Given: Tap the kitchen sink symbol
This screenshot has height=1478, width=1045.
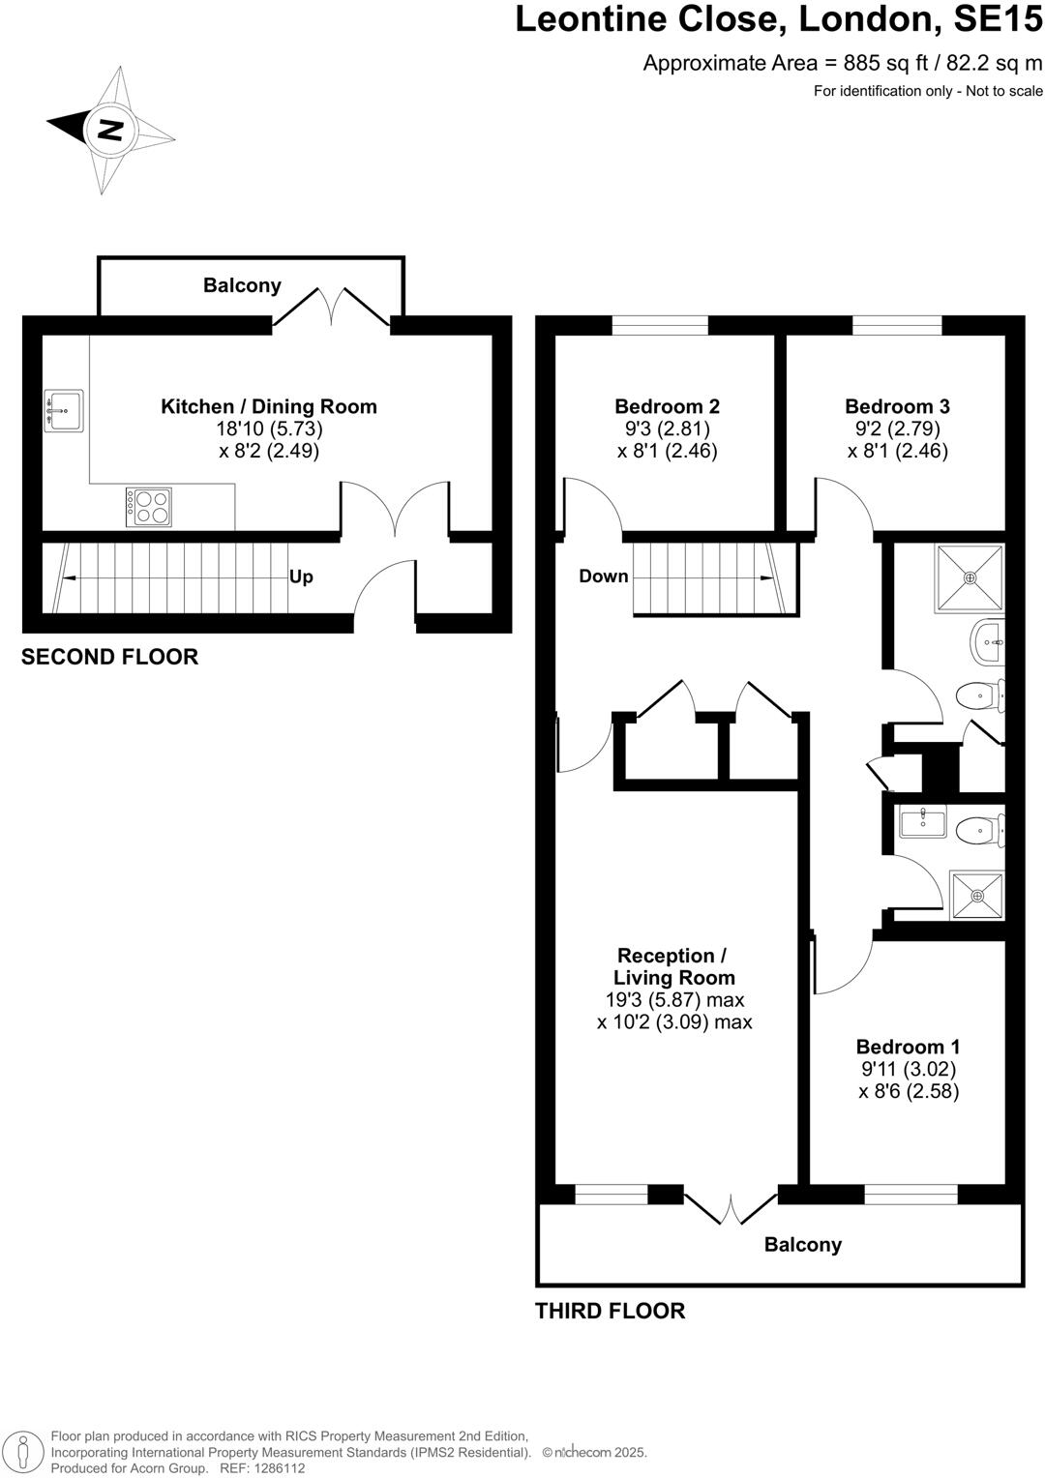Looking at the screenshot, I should (x=64, y=410).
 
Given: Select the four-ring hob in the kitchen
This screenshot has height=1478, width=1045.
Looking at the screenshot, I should (x=149, y=507).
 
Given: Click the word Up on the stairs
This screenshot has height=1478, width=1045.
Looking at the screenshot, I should (x=301, y=576).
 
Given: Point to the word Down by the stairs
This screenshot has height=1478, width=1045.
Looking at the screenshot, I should (x=604, y=576).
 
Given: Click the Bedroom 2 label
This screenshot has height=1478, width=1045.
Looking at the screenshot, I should (x=667, y=406).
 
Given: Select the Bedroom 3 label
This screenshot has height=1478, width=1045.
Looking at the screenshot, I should (x=897, y=406).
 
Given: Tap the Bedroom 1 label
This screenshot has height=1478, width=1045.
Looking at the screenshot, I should (x=908, y=1047).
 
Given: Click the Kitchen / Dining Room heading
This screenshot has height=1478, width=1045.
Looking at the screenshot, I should (x=269, y=406).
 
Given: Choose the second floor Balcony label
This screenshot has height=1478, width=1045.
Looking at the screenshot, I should (x=242, y=285).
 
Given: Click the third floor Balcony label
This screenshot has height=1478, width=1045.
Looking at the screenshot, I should (x=803, y=1245).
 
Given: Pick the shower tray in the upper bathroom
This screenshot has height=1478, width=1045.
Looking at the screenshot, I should (x=970, y=577).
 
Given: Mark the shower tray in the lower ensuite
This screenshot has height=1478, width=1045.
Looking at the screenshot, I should (x=976, y=895).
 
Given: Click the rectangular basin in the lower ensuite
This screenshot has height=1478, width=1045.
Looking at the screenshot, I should (x=923, y=823).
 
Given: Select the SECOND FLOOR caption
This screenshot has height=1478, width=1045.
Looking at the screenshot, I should (x=109, y=657).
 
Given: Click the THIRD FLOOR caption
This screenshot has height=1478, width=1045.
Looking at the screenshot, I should (x=610, y=1311).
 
